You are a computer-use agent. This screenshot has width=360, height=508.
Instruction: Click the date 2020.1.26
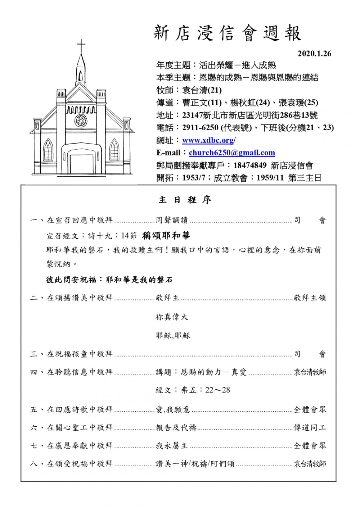point(314,54)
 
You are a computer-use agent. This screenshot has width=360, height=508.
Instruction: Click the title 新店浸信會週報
point(227,33)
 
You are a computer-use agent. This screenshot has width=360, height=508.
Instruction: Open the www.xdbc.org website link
point(208,140)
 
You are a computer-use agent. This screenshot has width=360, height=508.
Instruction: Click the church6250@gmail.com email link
point(232,153)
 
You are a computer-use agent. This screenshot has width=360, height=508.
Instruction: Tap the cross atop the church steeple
point(81,46)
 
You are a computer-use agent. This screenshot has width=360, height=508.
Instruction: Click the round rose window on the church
point(81,120)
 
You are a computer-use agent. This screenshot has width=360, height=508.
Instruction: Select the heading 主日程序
point(185,200)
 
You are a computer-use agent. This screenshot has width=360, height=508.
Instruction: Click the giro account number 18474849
point(250,165)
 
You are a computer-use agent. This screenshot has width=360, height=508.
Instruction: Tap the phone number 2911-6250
point(200,128)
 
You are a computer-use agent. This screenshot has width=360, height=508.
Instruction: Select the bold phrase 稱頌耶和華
point(166,236)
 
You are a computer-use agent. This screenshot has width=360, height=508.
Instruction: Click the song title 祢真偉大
point(172,317)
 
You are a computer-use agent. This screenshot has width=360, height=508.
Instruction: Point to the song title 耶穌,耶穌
point(173,336)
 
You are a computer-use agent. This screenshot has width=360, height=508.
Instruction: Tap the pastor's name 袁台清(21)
point(202,90)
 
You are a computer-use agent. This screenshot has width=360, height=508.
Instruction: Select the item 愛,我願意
point(173,409)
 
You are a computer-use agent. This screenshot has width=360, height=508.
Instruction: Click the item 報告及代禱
point(176,428)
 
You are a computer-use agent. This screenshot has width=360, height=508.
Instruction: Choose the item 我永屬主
point(172,446)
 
